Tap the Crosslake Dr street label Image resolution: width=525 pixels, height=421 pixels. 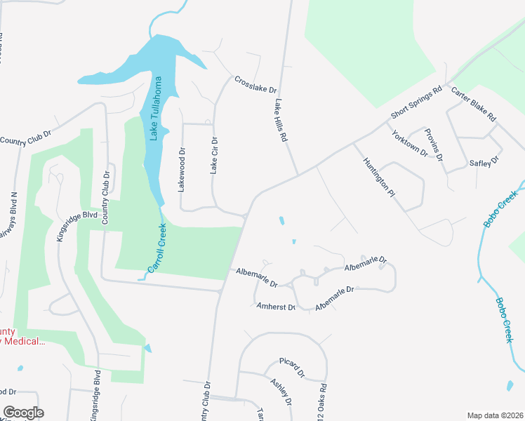[256, 86]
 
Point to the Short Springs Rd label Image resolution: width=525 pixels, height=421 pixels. [416, 102]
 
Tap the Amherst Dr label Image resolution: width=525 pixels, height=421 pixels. [275, 307]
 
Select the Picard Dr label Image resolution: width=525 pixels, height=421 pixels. [291, 368]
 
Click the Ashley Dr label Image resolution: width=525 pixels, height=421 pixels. [280, 391]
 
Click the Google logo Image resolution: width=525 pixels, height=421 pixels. [23, 413]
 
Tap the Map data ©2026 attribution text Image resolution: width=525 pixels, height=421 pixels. [494, 415]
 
